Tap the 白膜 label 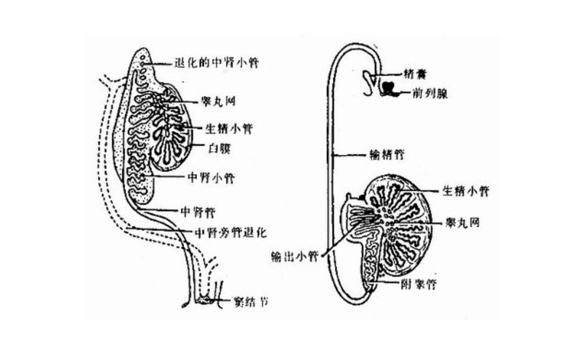(x=219, y=148)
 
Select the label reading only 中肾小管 (x=210, y=178)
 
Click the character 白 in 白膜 (x=213, y=148)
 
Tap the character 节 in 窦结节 (x=263, y=300)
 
